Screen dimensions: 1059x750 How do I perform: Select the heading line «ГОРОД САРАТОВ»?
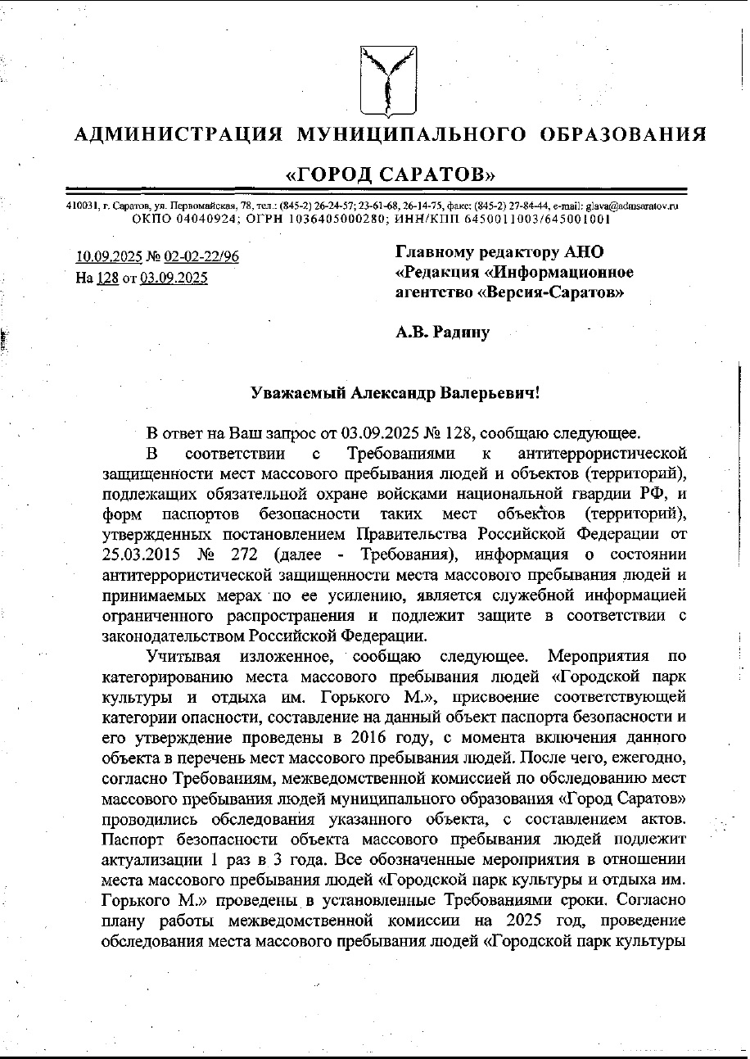[390, 174]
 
